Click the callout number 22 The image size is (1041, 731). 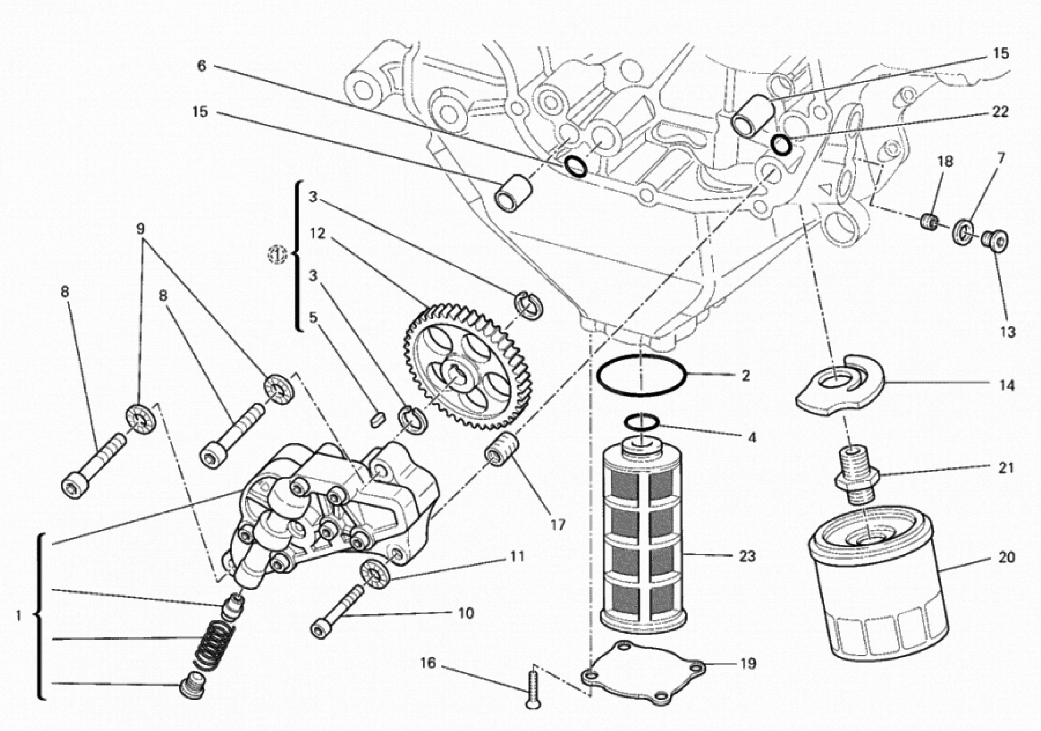[x=1000, y=112]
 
